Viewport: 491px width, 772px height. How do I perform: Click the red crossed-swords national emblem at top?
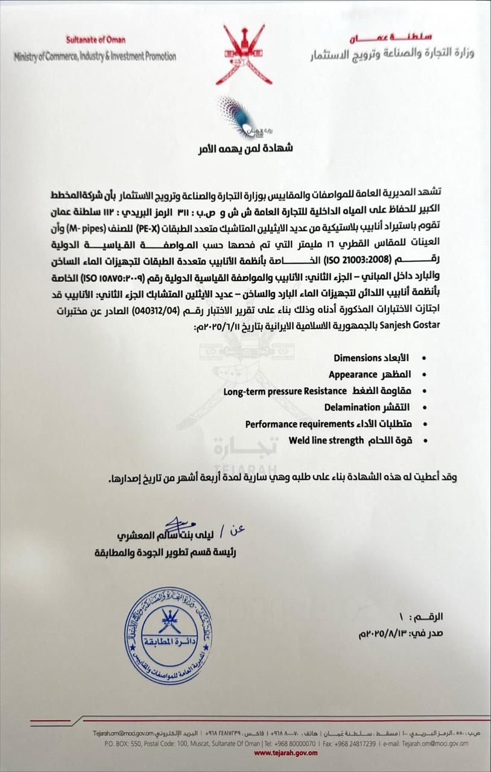(x=244, y=54)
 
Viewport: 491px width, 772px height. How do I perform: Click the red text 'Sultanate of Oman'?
(x=96, y=40)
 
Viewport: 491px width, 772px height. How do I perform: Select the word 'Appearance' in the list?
(x=353, y=375)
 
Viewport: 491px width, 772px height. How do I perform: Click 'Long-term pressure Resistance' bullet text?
(x=277, y=391)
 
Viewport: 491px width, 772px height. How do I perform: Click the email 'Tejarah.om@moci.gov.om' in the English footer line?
(x=432, y=743)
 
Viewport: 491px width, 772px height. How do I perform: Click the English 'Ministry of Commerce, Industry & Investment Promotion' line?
(x=95, y=56)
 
